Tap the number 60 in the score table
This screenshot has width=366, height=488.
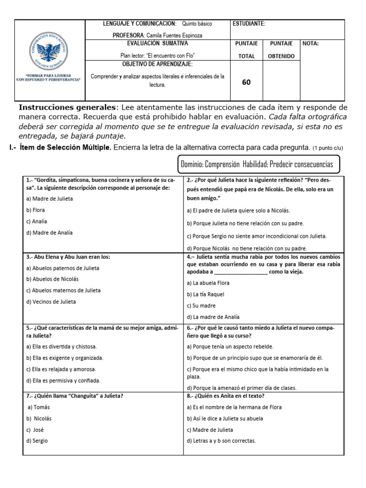click(246, 82)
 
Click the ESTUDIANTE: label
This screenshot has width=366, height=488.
click(249, 24)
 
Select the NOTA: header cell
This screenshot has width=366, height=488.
click(310, 43)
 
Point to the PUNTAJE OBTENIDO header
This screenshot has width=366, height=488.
click(281, 50)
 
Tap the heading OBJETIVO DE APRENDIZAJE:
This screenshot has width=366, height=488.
click(157, 64)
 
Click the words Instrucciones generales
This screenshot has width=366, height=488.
click(67, 107)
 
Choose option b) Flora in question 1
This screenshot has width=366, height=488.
click(36, 210)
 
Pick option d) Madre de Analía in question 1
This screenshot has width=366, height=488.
click(50, 233)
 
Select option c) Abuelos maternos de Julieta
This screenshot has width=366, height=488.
click(63, 290)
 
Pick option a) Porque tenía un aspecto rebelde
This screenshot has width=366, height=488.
click(230, 346)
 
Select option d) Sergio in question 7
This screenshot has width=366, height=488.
click(37, 441)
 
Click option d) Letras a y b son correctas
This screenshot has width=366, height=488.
click(222, 441)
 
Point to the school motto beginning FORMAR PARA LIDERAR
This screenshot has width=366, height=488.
click(48, 78)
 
